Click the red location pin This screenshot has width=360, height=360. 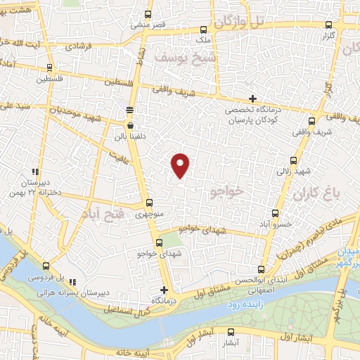click(181, 164)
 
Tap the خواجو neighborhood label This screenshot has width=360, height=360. click(229, 190)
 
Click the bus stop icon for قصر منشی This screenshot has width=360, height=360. click(148, 14)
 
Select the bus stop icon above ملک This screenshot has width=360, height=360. click(203, 30)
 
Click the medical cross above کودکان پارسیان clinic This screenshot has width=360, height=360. click(252, 98)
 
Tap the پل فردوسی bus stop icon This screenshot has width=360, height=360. click(46, 266)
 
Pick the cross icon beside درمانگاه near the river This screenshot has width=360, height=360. click(164, 290)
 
